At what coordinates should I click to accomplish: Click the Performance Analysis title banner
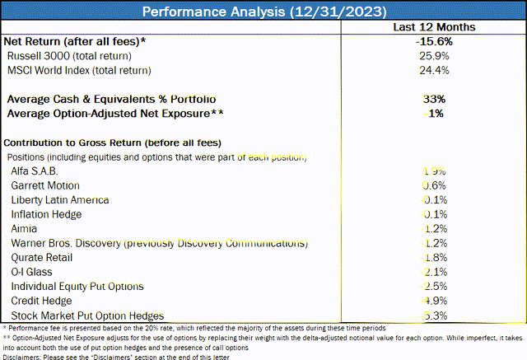point(263,12)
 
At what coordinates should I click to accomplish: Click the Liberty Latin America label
point(60,199)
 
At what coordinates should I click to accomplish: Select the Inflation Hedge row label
point(48,214)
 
